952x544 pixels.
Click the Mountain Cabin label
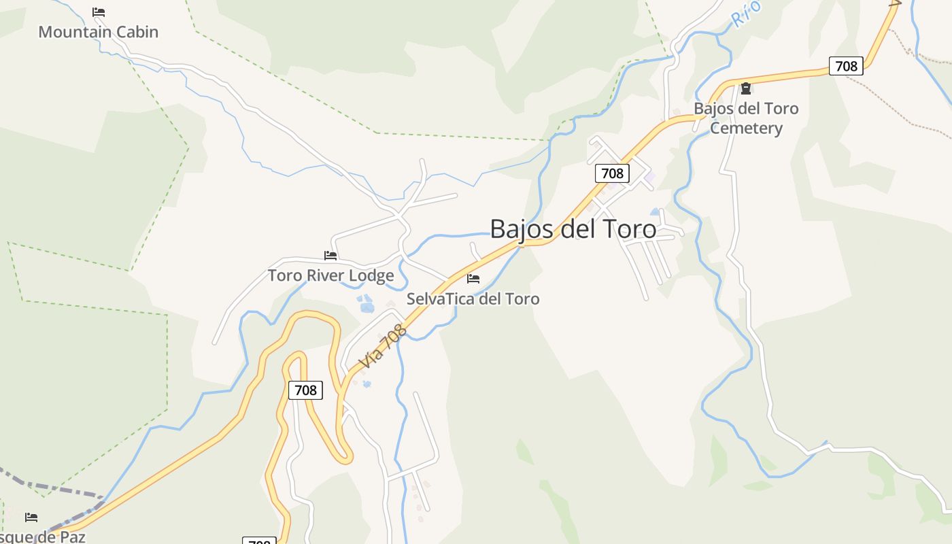pyautogui.click(x=98, y=32)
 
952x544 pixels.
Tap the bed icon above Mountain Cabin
pyautogui.click(x=99, y=12)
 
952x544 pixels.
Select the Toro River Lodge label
pyautogui.click(x=330, y=275)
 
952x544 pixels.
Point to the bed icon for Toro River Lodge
pyautogui.click(x=330, y=256)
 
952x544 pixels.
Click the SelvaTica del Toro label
pyautogui.click(x=473, y=299)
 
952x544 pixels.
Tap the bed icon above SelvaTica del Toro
pyautogui.click(x=473, y=279)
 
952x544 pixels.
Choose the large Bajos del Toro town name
pyautogui.click(x=573, y=228)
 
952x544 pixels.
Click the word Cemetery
pyautogui.click(x=746, y=128)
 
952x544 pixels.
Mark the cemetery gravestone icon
pyautogui.click(x=746, y=88)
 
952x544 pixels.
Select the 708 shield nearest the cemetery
pyautogui.click(x=846, y=66)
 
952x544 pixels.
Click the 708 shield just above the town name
pyautogui.click(x=612, y=173)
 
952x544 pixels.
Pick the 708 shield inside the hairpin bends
pyautogui.click(x=305, y=390)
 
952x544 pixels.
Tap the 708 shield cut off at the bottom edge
pyautogui.click(x=259, y=541)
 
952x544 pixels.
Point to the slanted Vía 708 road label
pyautogui.click(x=384, y=347)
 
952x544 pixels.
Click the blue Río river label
pyautogui.click(x=746, y=14)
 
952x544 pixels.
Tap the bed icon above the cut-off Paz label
pyautogui.click(x=31, y=517)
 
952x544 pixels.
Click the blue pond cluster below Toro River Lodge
pyautogui.click(x=367, y=304)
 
